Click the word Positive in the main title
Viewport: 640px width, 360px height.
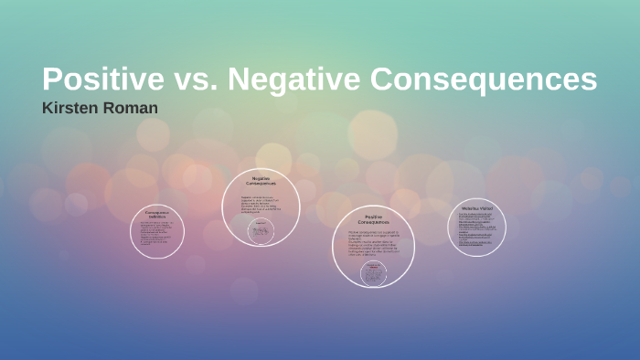pos(100,79)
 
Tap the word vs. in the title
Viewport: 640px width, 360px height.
pos(194,79)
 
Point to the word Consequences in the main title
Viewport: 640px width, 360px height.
pos(484,79)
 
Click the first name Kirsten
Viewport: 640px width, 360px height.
pos(71,108)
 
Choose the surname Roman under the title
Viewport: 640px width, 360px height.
pos(132,108)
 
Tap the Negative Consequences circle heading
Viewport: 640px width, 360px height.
pos(261,181)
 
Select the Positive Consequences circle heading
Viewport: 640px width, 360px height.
pos(373,220)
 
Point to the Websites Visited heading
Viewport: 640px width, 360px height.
pos(476,208)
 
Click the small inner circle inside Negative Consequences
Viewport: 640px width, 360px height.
pos(261,231)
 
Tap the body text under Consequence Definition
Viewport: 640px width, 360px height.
pos(157,234)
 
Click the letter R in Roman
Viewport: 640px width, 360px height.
pos(110,108)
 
